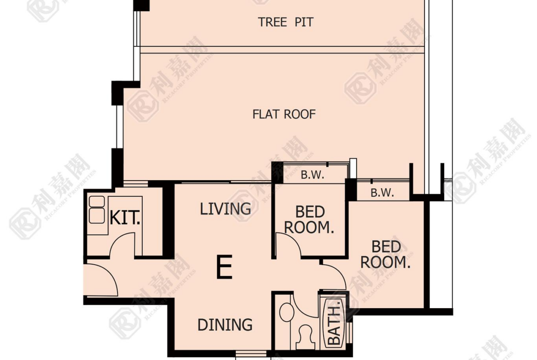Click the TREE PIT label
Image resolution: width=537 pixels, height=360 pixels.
tap(285, 22)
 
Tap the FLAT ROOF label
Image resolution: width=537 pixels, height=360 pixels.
tap(284, 114)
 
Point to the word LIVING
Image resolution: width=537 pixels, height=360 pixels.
tap(225, 209)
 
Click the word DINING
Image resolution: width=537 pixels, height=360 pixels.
tap(225, 325)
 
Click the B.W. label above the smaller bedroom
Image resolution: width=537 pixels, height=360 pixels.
tap(313, 175)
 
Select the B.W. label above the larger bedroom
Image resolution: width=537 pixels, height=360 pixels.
tap(382, 193)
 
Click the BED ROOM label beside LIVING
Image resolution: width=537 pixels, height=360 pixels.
tap(309, 220)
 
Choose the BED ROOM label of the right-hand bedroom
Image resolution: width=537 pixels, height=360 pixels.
tap(386, 255)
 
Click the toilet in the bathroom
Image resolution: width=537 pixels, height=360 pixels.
tap(306, 337)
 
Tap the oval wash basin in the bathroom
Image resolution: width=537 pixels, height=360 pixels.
tap(287, 312)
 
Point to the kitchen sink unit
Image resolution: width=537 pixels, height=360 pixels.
tap(96, 210)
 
